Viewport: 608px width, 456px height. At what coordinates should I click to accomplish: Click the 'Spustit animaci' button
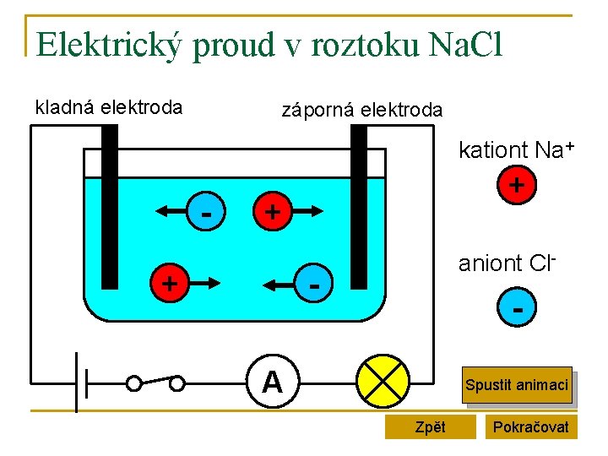[516, 385]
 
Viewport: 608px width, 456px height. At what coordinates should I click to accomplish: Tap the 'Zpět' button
[430, 426]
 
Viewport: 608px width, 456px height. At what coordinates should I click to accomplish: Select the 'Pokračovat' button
[531, 426]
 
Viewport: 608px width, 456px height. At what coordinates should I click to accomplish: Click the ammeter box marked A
[272, 383]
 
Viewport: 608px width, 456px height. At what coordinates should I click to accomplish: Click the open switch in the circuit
[155, 383]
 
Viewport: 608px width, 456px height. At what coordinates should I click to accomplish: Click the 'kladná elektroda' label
[108, 107]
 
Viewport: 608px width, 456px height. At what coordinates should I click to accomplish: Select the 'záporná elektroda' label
[361, 110]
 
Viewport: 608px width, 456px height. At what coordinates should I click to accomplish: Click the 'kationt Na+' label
[516, 150]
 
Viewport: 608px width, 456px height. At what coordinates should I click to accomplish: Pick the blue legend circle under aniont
[516, 310]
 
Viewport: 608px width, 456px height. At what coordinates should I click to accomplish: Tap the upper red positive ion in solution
[272, 213]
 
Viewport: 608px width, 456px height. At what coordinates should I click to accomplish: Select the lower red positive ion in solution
[170, 282]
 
